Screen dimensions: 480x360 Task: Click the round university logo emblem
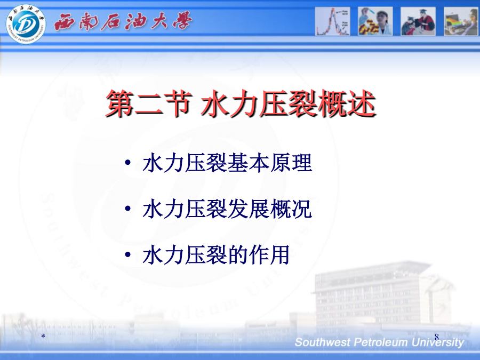[x=26, y=24]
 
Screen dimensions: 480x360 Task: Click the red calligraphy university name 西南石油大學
[x=123, y=21]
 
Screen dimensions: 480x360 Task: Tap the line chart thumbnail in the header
[x=332, y=21]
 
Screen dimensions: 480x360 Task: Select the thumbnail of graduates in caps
[x=418, y=21]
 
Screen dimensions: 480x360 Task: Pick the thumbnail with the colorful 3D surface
[x=461, y=21]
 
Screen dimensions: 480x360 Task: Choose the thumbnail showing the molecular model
[x=375, y=21]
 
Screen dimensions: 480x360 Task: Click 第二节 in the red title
[x=149, y=103]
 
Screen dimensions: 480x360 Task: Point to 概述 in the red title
[x=346, y=103]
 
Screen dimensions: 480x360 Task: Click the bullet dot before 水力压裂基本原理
[x=128, y=162]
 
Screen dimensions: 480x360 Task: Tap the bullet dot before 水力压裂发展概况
[x=128, y=209]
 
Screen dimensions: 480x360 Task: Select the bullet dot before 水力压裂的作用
[x=128, y=254]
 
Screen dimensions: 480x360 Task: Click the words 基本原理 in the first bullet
[x=270, y=163]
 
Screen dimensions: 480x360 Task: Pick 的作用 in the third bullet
[x=259, y=255]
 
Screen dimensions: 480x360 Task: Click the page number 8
[x=437, y=337]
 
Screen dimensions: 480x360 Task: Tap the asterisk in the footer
[x=43, y=336]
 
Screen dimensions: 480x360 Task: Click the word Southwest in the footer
[x=322, y=342]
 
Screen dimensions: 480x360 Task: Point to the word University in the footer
[x=438, y=342]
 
